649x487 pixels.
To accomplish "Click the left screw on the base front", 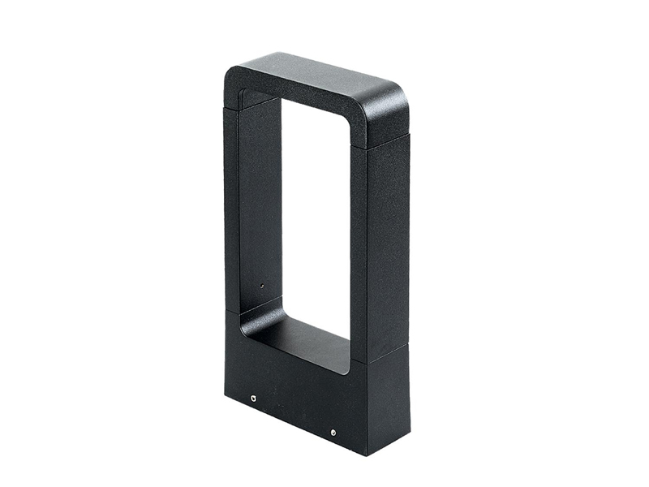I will pyautogui.click(x=254, y=398).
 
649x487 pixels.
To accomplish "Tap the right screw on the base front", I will pyautogui.click(x=333, y=433).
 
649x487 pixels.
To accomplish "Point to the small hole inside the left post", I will pyautogui.click(x=261, y=287).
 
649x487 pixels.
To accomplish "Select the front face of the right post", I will pyautogui.click(x=359, y=252).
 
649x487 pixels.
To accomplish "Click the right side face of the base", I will pyautogui.click(x=389, y=402).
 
